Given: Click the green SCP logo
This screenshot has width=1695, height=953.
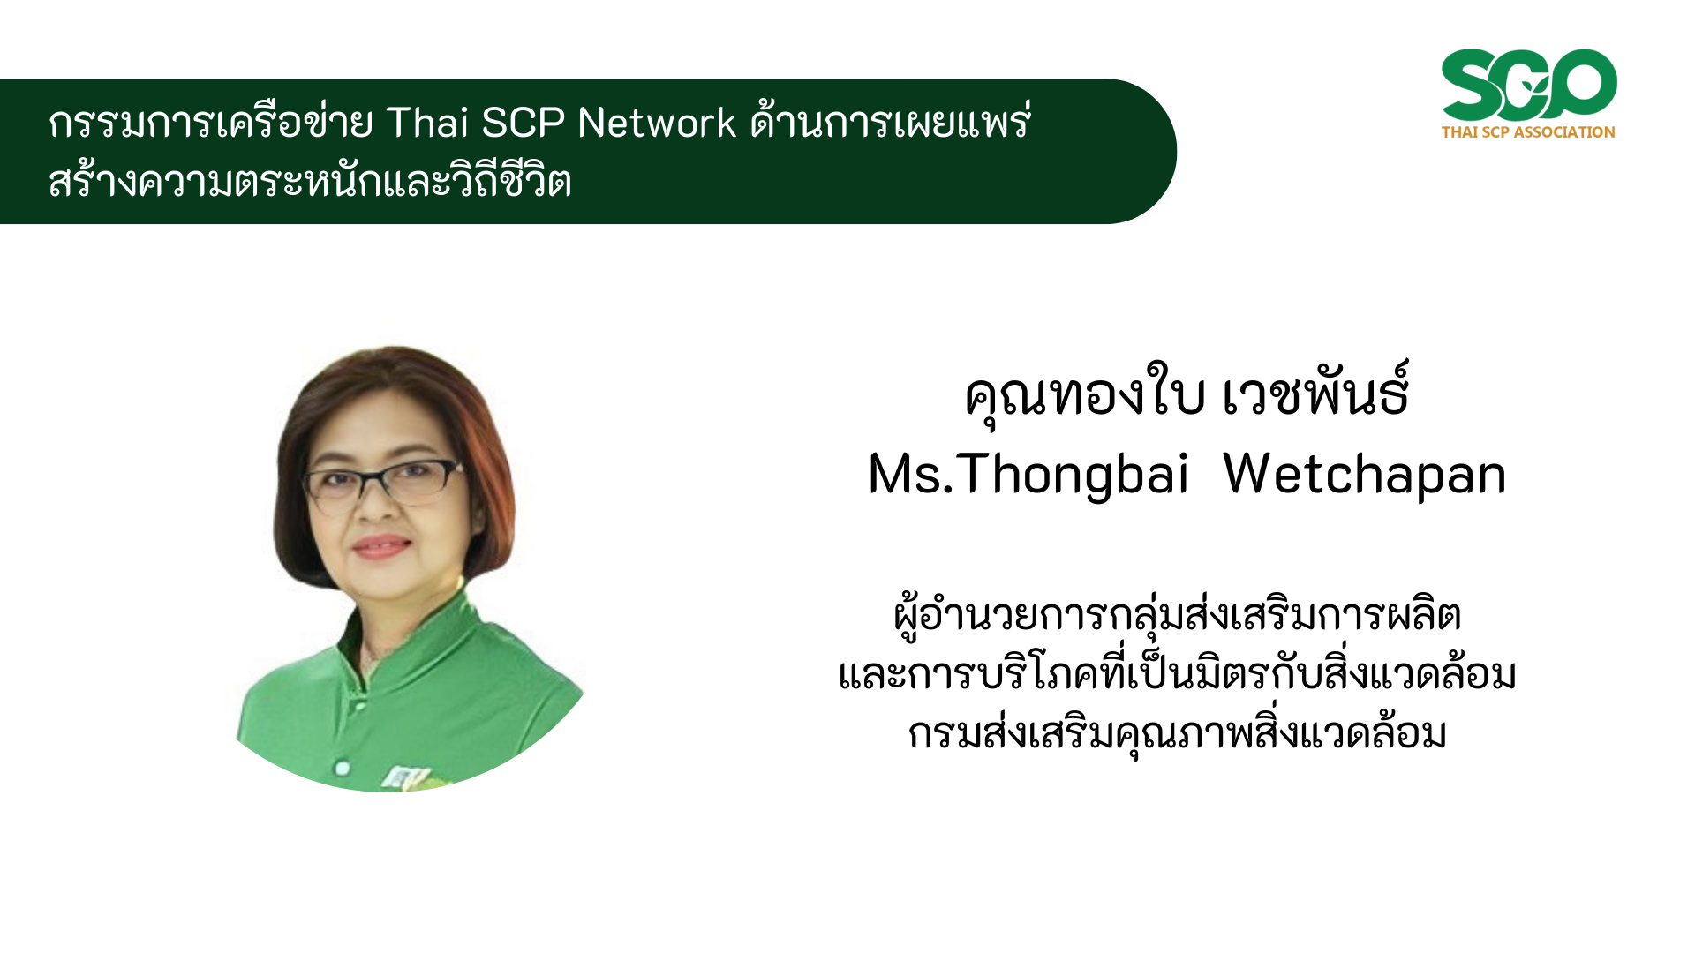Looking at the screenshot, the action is [1529, 85].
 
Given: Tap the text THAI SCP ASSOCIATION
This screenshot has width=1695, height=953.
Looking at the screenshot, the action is [1528, 132].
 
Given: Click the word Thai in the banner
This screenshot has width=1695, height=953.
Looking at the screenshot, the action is [427, 122].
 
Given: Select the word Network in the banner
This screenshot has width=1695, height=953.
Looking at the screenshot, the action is [657, 122].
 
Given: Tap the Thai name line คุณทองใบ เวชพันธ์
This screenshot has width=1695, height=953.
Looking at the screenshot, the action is [1186, 396].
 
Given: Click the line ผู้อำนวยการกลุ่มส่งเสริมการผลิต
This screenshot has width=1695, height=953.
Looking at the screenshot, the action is [1178, 616].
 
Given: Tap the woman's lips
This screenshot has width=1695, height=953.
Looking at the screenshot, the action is [380, 546].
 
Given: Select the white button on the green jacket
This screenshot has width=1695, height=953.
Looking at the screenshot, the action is [342, 768].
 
